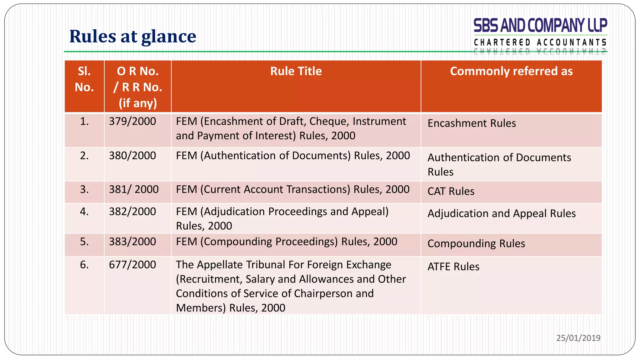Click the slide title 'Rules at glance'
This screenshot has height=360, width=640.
pyautogui.click(x=132, y=37)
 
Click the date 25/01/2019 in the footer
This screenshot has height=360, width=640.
pyautogui.click(x=578, y=338)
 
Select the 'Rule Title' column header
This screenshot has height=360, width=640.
pyautogui.click(x=296, y=71)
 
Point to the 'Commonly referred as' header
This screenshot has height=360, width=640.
pyautogui.click(x=511, y=71)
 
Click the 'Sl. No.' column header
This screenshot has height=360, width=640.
pyautogui.click(x=84, y=79)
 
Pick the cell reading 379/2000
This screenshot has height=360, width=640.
pyautogui.click(x=132, y=121)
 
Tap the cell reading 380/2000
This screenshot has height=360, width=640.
pyautogui.click(x=132, y=156)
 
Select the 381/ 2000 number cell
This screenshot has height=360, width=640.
pyautogui.click(x=134, y=189)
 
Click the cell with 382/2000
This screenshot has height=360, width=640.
pyautogui.click(x=132, y=212)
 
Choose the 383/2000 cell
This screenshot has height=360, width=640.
pyautogui.click(x=132, y=242)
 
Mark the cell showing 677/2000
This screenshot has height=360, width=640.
pyautogui.click(x=132, y=265)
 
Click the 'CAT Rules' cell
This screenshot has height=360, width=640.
pyautogui.click(x=451, y=191)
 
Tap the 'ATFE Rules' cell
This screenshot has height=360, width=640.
pyautogui.click(x=453, y=267)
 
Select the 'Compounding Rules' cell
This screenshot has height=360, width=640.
pyautogui.click(x=476, y=243)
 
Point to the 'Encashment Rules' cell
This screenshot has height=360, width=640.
pyautogui.click(x=472, y=123)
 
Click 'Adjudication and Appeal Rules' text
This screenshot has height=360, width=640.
pyautogui.click(x=501, y=213)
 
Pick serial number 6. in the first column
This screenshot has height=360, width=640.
pyautogui.click(x=84, y=265)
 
